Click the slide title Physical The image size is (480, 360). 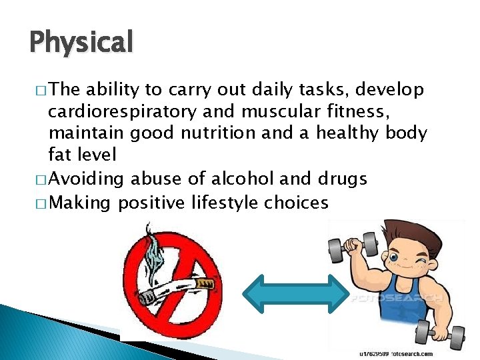tap(81, 43)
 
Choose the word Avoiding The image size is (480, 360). tap(86, 179)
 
